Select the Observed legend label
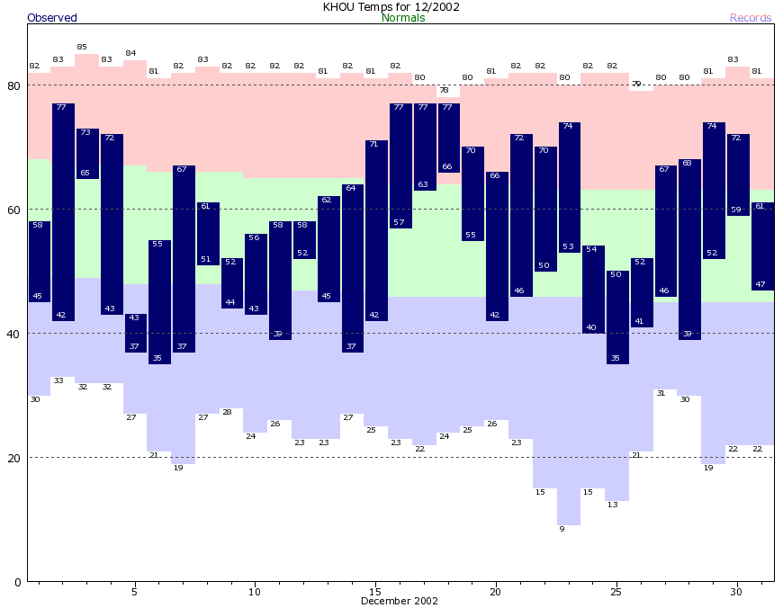point(52,18)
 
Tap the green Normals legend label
point(403,18)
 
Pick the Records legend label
point(751,18)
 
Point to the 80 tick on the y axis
point(13,86)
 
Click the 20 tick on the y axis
point(13,458)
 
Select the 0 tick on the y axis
point(17,582)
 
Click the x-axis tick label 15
point(375,592)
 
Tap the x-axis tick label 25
point(616,592)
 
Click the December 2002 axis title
point(400,601)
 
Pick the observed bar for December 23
point(569,187)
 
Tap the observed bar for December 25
point(617,317)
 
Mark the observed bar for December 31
point(762,246)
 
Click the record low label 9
point(562,529)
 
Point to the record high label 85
point(82,47)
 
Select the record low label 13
point(613,505)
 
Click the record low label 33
point(58,380)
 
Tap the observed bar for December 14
point(352,268)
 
